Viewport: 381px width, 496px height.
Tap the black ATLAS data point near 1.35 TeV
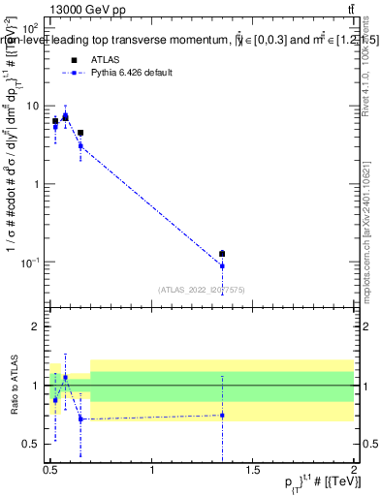(x=222, y=254)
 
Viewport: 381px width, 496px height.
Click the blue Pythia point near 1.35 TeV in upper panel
(x=222, y=265)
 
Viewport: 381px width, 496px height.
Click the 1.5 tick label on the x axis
(x=254, y=470)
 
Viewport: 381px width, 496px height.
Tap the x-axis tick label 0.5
(x=50, y=470)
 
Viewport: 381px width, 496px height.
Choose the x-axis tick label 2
(x=354, y=470)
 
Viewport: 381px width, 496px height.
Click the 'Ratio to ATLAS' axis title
(x=13, y=386)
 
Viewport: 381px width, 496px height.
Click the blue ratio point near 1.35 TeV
(x=222, y=415)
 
